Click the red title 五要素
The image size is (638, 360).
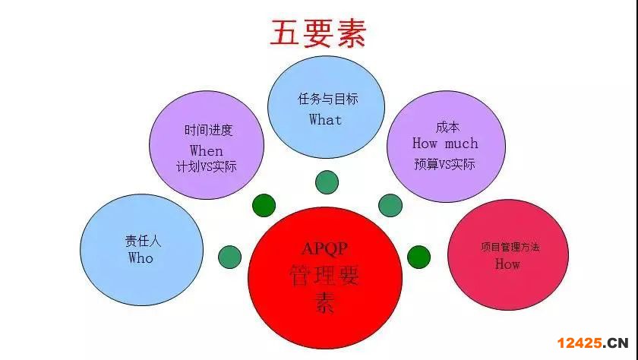click(318, 33)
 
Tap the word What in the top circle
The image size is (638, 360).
click(326, 120)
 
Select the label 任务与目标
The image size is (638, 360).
click(328, 99)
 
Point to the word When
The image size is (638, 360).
click(207, 151)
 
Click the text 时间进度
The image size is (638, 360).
click(208, 130)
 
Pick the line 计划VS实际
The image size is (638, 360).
click(207, 167)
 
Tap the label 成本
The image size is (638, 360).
click(447, 128)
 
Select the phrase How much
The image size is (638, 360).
click(445, 144)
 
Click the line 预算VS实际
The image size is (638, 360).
click(444, 164)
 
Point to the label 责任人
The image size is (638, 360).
click(144, 242)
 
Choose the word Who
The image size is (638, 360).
click(141, 258)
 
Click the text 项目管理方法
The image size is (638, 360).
click(510, 247)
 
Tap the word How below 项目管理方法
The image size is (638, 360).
click(507, 264)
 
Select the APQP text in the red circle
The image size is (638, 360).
click(325, 248)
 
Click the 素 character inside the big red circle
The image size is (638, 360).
click(325, 302)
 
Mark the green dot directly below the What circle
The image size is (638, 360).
click(327, 182)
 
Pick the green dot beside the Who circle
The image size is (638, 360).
click(230, 257)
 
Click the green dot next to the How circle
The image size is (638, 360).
click(418, 257)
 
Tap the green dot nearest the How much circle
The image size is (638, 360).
click(390, 205)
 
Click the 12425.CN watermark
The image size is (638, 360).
click(593, 343)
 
